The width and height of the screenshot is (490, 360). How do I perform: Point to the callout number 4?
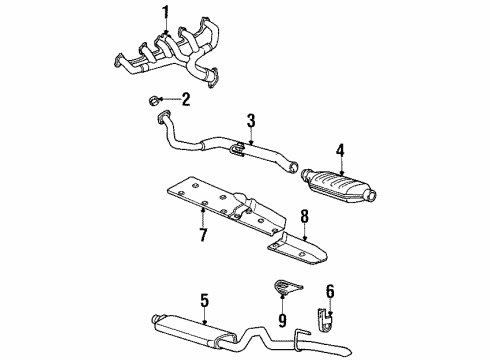(340, 151)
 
